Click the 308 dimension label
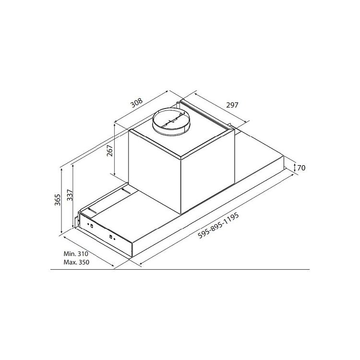pyautogui.click(x=137, y=103)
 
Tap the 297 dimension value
pyautogui.click(x=232, y=105)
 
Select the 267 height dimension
pyautogui.click(x=110, y=150)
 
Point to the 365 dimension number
pyautogui.click(x=58, y=200)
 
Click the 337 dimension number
pyautogui.click(x=70, y=195)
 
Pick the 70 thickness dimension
pyautogui.click(x=301, y=168)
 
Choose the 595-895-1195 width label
pyautogui.click(x=218, y=226)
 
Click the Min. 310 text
pyautogui.click(x=76, y=254)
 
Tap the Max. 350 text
pyautogui.click(x=76, y=262)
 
